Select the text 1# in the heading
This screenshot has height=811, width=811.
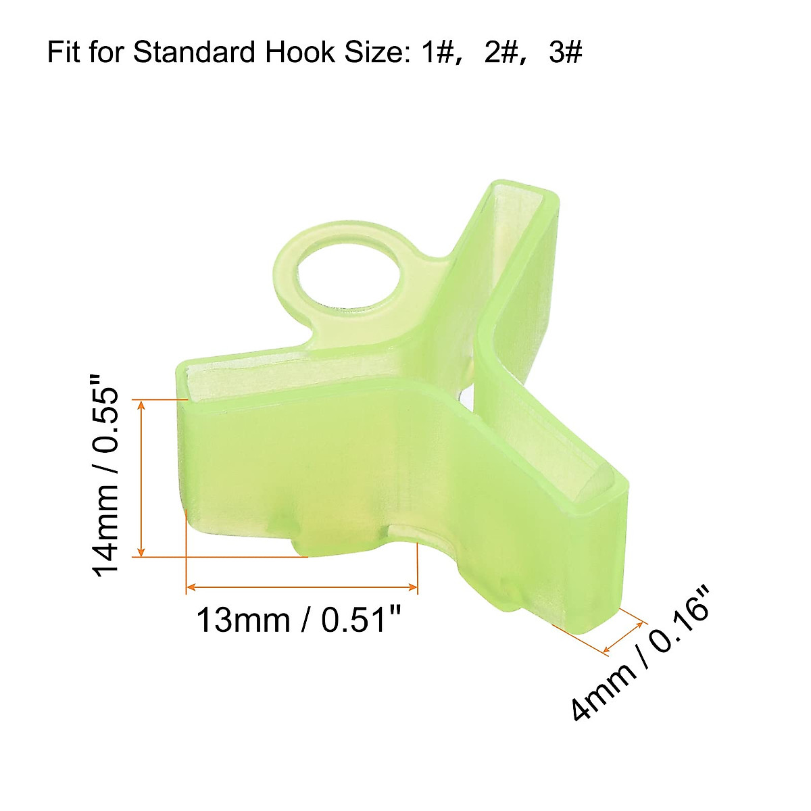point(435,52)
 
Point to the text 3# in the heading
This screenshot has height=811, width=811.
point(565,52)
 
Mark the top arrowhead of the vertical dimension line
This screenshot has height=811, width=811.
point(141,405)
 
